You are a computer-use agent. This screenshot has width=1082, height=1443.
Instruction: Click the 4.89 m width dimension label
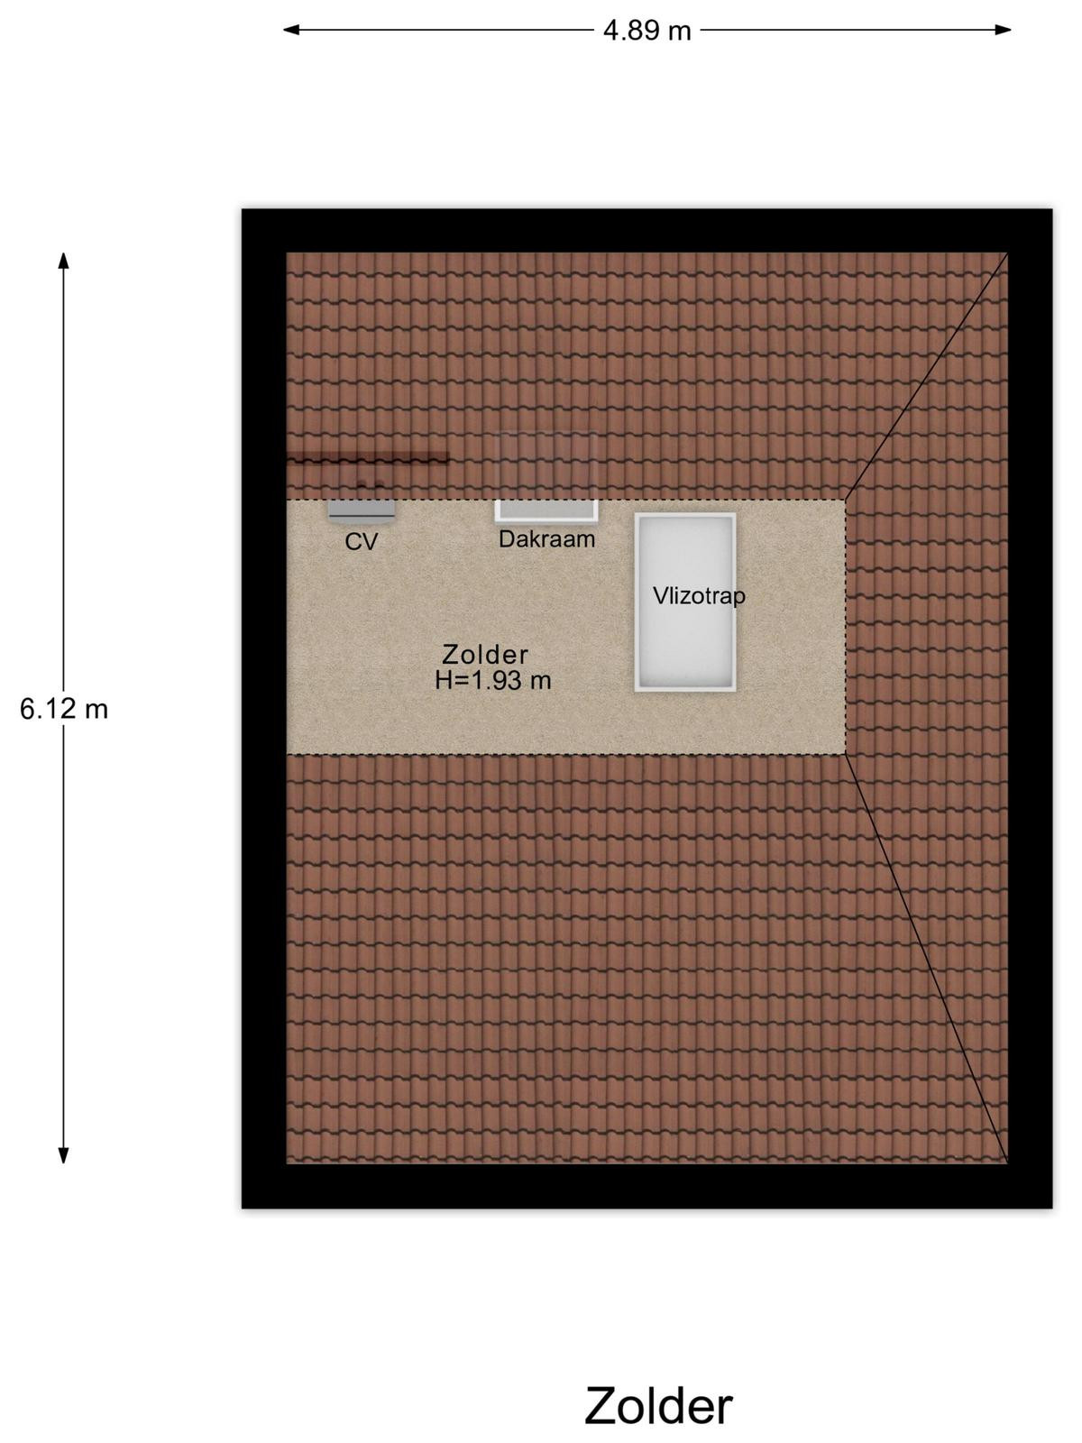(x=646, y=31)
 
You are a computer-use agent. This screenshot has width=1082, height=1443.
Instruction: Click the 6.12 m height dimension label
(x=64, y=710)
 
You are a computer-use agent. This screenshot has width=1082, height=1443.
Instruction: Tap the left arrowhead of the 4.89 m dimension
(x=291, y=30)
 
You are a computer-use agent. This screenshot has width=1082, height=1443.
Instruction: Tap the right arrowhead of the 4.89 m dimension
(x=1003, y=30)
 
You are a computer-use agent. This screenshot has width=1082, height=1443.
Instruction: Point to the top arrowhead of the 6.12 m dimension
(x=64, y=261)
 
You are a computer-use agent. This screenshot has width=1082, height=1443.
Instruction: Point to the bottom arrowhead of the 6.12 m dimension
(x=64, y=1155)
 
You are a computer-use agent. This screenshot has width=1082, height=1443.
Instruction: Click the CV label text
(x=362, y=542)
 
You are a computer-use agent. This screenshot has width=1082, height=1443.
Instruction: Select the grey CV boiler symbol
(x=362, y=510)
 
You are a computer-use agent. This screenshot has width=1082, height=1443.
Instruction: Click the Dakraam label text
(x=546, y=539)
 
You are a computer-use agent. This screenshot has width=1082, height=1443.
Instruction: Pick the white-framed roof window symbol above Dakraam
(x=546, y=510)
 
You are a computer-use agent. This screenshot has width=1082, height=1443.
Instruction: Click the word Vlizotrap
(x=699, y=596)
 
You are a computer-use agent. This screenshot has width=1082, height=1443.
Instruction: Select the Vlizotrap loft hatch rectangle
(x=685, y=602)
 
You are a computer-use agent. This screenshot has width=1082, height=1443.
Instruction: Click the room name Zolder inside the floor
(x=485, y=655)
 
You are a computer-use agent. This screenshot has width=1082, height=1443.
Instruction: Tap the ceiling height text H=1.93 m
(x=492, y=681)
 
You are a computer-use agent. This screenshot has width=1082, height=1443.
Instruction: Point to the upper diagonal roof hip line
(x=926, y=376)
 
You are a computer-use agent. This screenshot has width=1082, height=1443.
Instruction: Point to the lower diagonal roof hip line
(x=926, y=960)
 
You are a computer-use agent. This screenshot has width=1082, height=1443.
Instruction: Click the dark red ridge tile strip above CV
(x=368, y=458)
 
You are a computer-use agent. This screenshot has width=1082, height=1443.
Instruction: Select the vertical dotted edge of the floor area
(x=846, y=627)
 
